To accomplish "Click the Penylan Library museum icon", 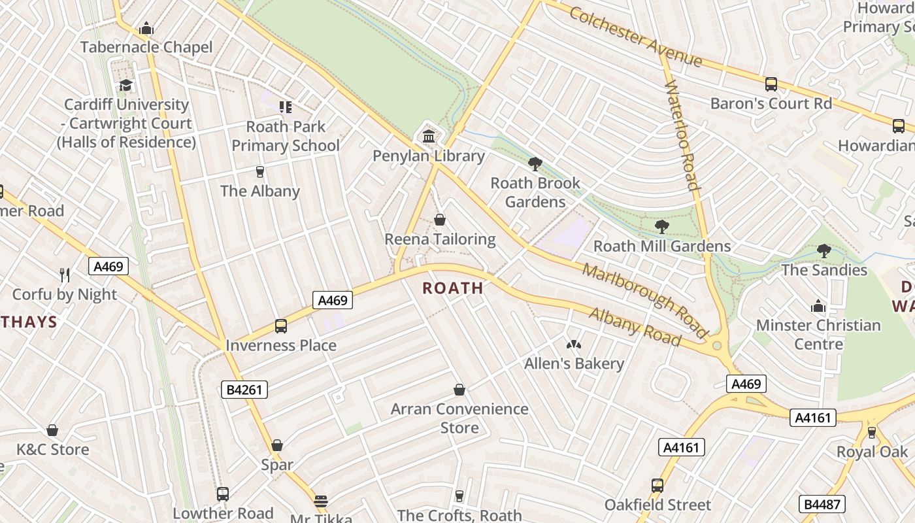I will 429,137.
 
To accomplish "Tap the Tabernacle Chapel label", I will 146,47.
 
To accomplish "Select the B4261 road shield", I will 244,390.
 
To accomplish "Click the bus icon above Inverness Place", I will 281,326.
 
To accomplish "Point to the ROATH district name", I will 453,288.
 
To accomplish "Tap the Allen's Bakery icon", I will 574,344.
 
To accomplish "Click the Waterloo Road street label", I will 682,136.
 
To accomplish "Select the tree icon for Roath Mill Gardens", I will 662,227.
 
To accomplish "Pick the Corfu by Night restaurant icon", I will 64,275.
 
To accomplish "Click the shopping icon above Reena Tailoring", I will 440,220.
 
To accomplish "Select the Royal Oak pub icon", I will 871,433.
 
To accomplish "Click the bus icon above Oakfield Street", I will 657,486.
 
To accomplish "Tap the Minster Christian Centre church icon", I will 818,306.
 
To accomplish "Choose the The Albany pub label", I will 260,191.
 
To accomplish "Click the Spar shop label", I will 277,465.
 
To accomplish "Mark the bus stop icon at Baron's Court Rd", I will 771,84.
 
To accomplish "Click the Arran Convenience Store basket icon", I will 459,390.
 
